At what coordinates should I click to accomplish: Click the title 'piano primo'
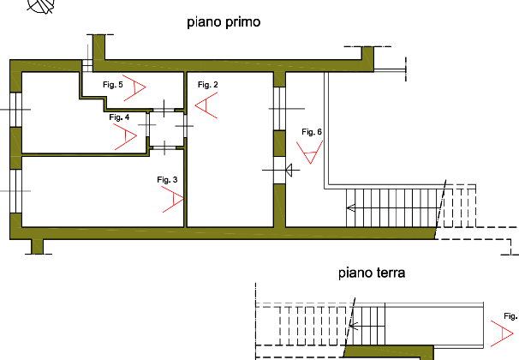click(x=223, y=22)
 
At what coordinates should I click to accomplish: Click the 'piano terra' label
click(x=371, y=274)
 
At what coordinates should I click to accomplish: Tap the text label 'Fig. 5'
click(x=112, y=85)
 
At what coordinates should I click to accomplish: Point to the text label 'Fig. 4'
click(x=118, y=117)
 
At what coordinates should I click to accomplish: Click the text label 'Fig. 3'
click(x=166, y=179)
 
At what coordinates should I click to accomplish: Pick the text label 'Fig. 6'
click(x=312, y=132)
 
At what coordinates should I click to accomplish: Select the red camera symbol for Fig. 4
click(x=127, y=137)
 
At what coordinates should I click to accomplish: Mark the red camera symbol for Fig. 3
click(x=173, y=201)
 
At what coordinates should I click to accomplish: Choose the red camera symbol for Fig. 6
click(x=308, y=153)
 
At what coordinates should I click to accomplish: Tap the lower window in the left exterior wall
click(x=14, y=190)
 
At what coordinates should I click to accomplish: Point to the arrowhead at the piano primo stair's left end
click(x=350, y=207)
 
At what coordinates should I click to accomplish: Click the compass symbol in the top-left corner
click(x=37, y=7)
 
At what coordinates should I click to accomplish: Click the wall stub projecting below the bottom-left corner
click(x=36, y=247)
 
